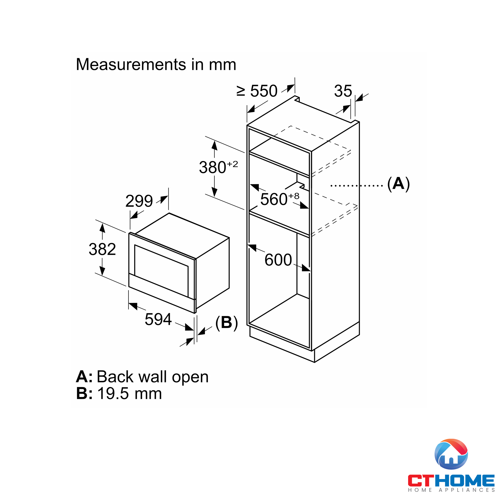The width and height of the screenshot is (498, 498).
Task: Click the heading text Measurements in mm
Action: tap(156, 64)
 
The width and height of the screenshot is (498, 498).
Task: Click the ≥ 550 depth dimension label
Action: tap(257, 91)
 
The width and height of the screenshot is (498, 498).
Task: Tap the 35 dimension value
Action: tap(343, 91)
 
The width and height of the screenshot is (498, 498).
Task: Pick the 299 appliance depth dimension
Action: tap(139, 201)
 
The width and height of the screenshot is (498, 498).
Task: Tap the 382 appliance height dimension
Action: tap(102, 249)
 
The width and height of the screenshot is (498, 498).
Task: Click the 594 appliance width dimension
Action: tap(158, 319)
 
